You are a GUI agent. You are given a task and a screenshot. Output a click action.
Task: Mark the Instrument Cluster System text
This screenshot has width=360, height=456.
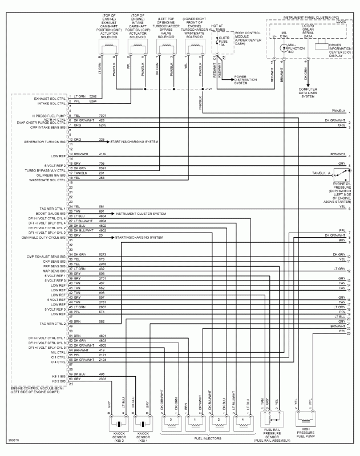[x=140, y=213]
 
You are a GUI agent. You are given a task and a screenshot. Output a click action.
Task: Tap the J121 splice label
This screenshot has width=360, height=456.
[x=208, y=89]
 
